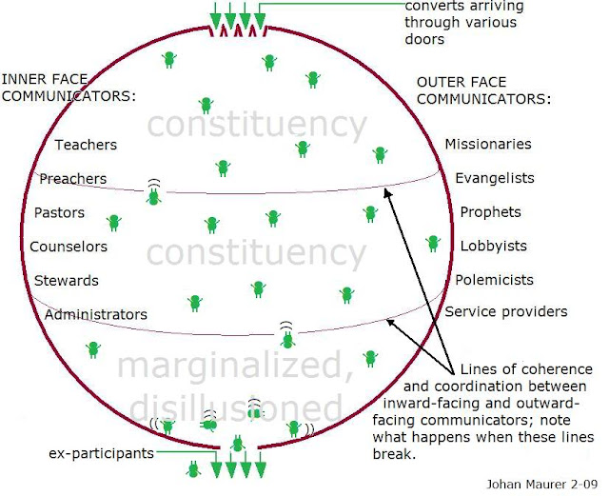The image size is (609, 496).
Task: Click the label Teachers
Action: pos(86,145)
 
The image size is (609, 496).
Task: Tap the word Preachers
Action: pos(72,179)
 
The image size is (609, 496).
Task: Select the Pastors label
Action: pos(59,212)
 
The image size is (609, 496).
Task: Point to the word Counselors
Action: pos(69,247)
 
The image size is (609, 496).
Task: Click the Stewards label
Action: pos(67,281)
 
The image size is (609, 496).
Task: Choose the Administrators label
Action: pos(96,314)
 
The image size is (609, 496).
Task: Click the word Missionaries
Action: pos(488,144)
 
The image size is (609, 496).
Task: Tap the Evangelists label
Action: pos(495,178)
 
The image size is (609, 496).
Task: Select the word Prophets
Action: pos(491,211)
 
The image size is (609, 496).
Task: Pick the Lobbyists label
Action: pos(494,246)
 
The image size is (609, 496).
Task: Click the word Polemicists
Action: pos(494,280)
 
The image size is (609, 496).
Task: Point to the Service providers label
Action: pos(506,311)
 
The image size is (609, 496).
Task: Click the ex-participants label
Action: pos(101,453)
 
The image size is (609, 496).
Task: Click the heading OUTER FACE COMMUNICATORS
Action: pos(483,90)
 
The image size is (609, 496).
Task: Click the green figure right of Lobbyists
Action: pos(434,243)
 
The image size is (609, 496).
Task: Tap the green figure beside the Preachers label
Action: pos(153,195)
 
